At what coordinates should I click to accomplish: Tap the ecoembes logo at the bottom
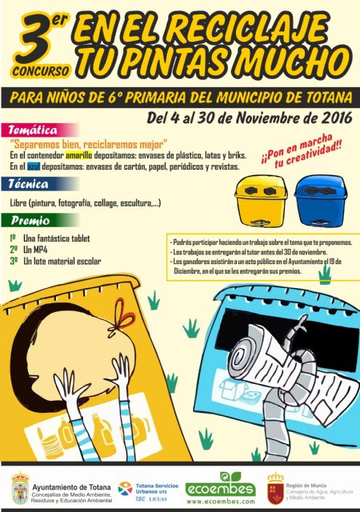tap(220, 489)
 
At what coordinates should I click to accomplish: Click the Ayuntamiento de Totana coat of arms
tap(20, 488)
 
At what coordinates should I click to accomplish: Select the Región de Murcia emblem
tap(274, 488)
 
